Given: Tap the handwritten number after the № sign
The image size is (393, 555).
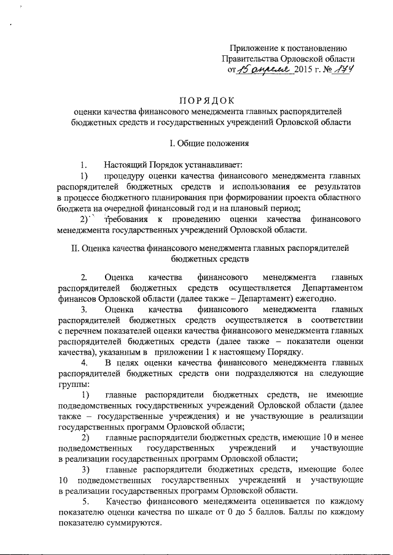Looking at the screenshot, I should (346, 70).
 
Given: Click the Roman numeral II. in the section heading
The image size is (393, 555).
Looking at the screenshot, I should (76, 249).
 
